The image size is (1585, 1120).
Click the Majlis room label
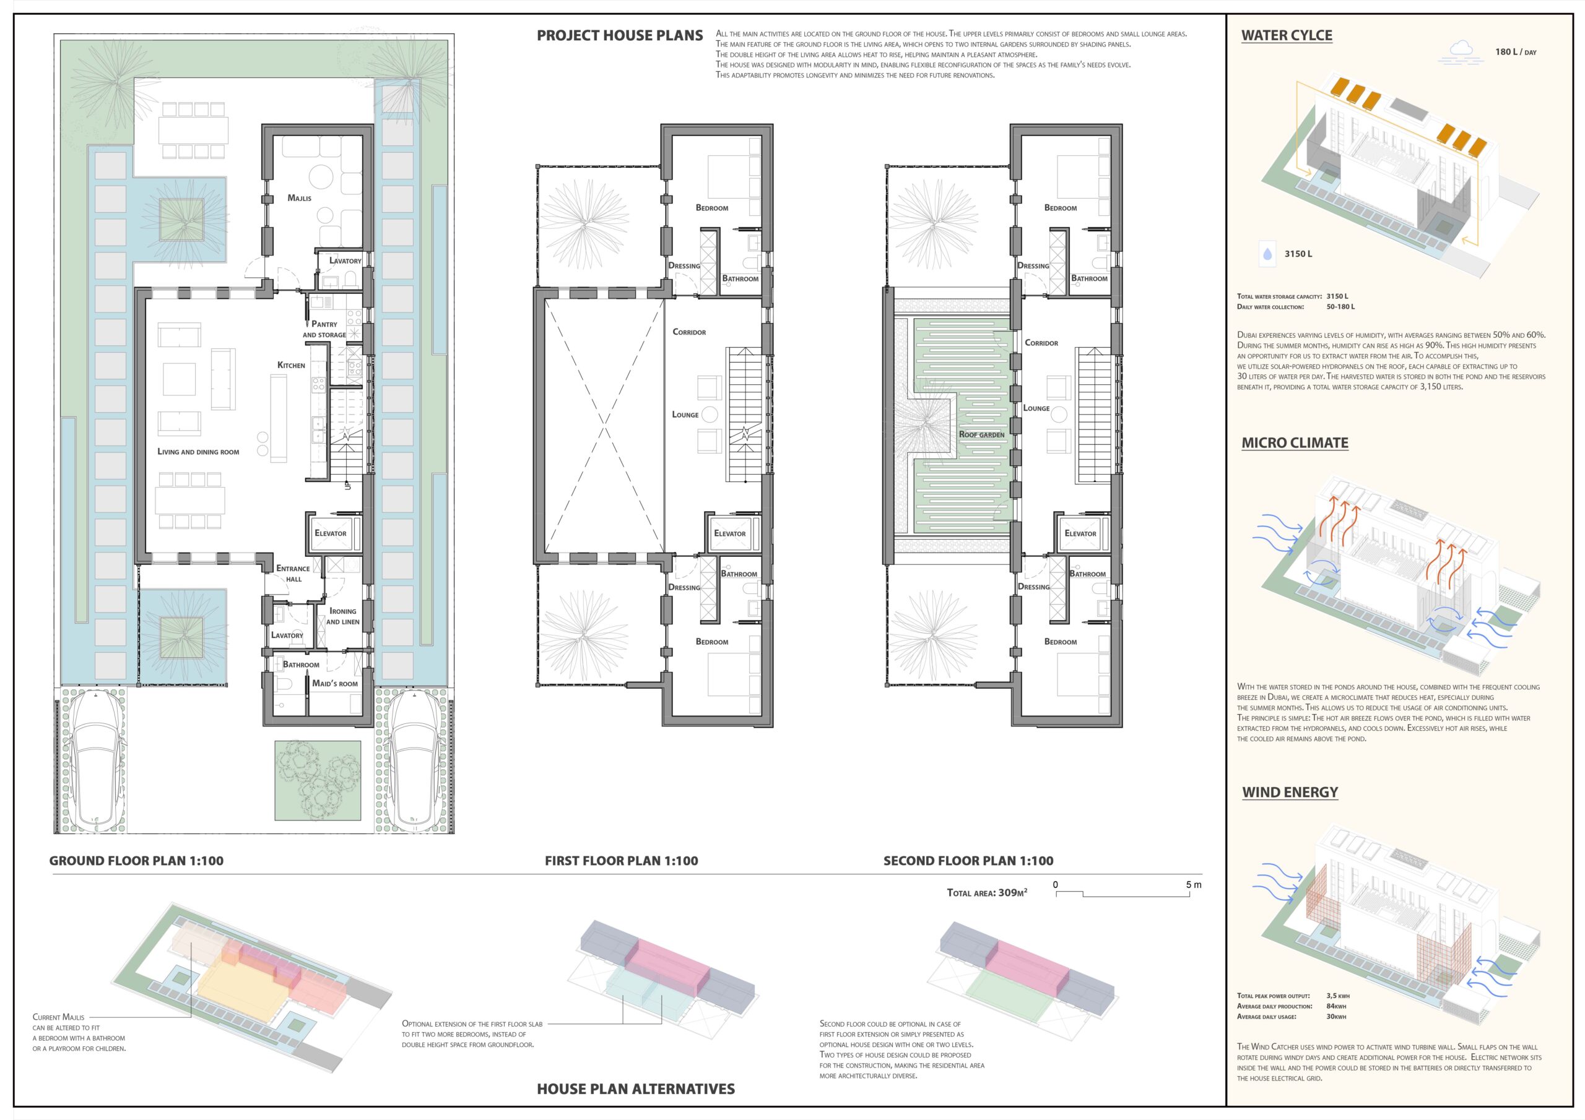(x=300, y=198)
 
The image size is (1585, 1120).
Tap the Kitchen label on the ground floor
(x=292, y=365)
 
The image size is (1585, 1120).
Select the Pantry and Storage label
(x=324, y=329)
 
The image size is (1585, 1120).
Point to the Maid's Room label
(x=335, y=683)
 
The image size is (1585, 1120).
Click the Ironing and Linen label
(x=343, y=616)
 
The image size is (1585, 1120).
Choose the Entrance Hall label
(x=293, y=574)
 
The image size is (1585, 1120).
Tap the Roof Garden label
(x=982, y=435)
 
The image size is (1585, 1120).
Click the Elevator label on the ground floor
(x=331, y=533)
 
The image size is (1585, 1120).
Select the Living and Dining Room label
(x=198, y=452)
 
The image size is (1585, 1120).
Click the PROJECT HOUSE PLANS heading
(x=620, y=36)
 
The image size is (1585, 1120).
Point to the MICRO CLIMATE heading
(x=1295, y=443)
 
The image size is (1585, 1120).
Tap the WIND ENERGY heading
(x=1290, y=792)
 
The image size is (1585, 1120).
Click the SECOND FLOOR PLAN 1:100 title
(x=968, y=861)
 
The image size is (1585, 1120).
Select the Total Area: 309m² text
(x=987, y=892)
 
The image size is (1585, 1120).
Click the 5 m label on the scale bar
(x=1194, y=885)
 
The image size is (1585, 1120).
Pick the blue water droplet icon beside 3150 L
(x=1267, y=254)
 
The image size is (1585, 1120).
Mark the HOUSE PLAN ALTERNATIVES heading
(x=636, y=1089)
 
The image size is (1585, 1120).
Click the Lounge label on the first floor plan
(x=685, y=415)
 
